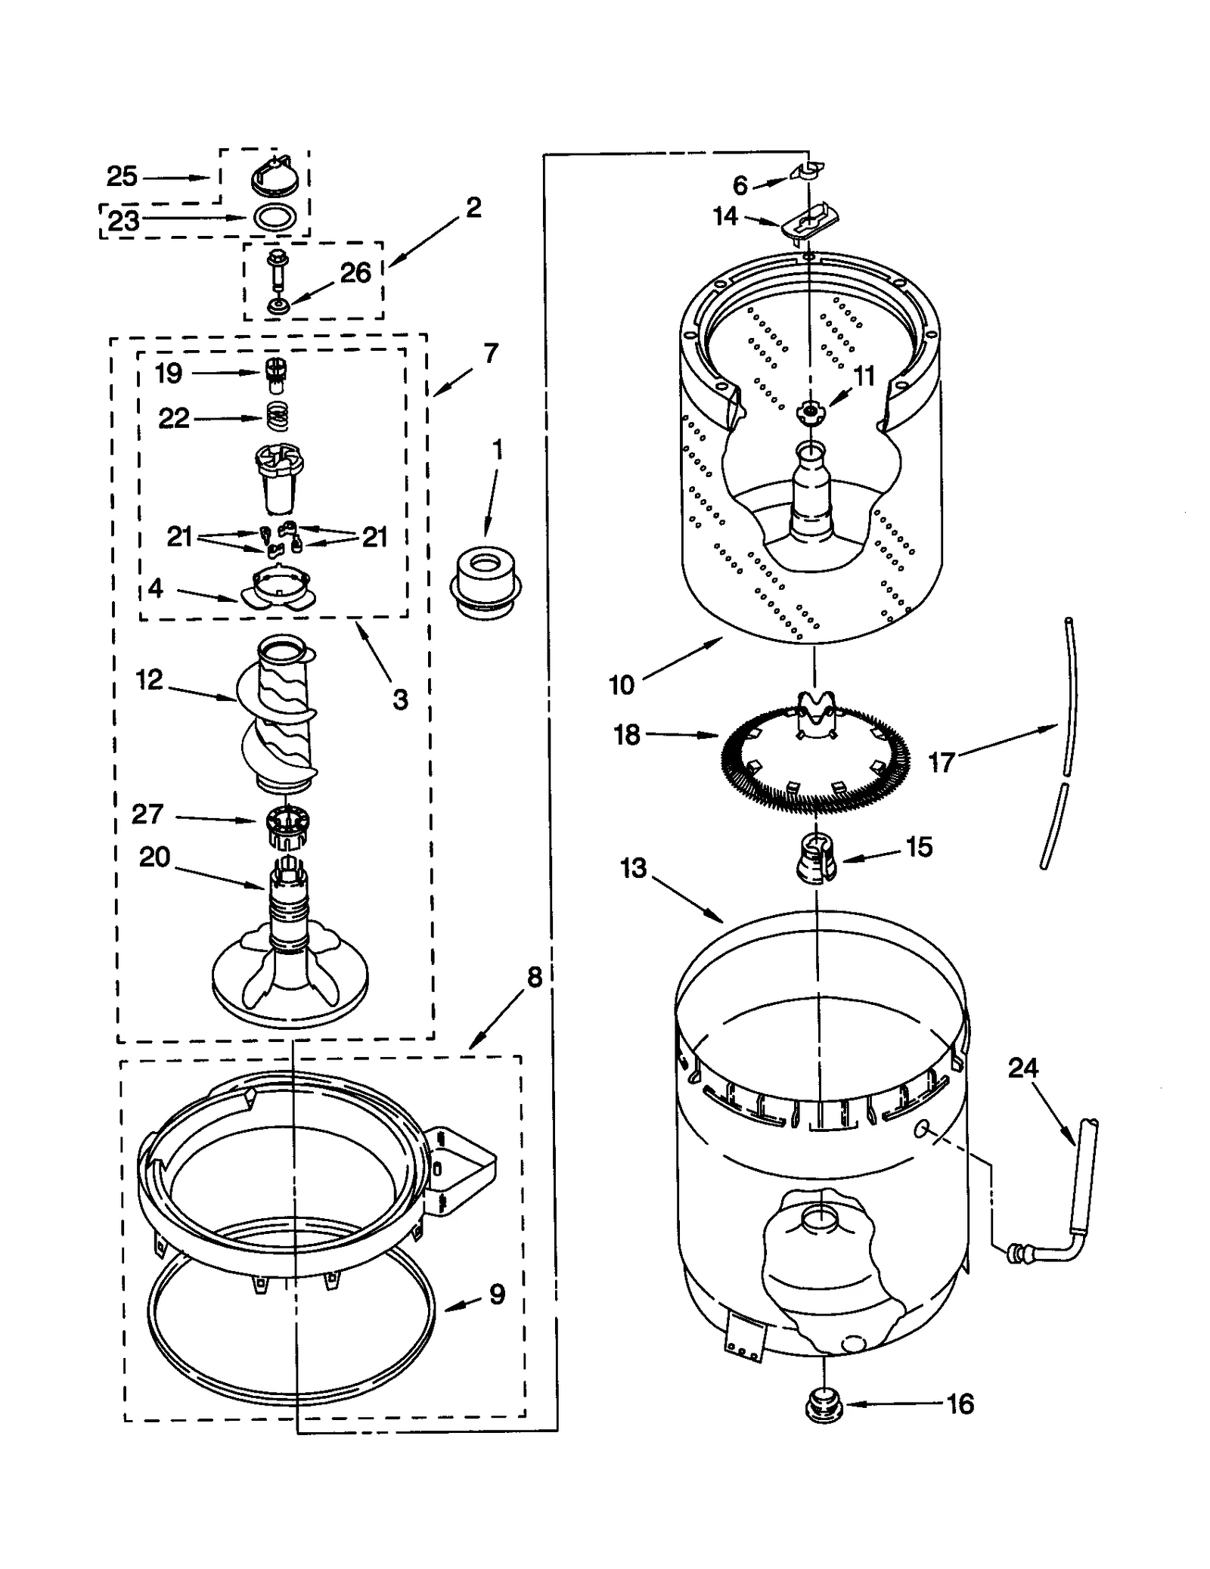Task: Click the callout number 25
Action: click(x=122, y=177)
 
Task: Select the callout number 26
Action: click(x=355, y=273)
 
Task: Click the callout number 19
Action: click(x=168, y=373)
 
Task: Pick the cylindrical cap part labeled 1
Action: click(x=486, y=584)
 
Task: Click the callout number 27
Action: click(x=147, y=814)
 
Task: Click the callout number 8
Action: click(x=534, y=978)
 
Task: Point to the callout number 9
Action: click(x=497, y=1295)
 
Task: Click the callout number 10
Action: click(x=622, y=685)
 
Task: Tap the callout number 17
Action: click(x=942, y=762)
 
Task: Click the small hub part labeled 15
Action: click(x=815, y=859)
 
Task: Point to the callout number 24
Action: click(x=1023, y=1068)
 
